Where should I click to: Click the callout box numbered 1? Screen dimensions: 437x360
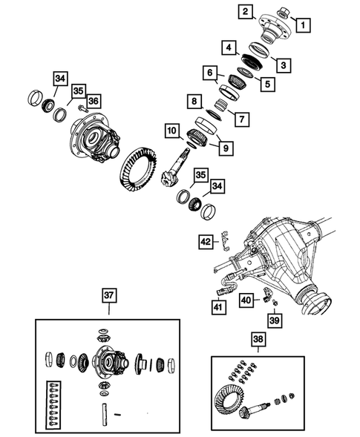point(303,25)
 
